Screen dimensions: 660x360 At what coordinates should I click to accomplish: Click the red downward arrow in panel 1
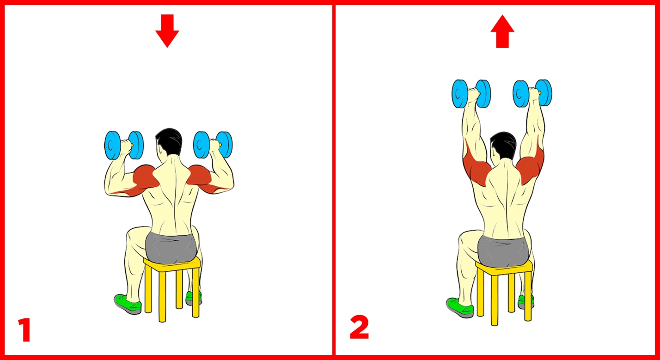coord(167,31)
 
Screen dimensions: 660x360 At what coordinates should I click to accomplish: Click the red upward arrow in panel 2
coord(502,31)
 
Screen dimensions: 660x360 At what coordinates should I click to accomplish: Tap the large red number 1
coord(24,329)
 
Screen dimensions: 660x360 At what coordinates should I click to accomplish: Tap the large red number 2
coord(359,327)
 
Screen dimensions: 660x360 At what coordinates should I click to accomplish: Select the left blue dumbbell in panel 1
coord(124,145)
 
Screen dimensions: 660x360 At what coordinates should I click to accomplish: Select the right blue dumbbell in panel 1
coord(213,145)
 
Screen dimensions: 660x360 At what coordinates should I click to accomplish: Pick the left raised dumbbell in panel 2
coord(471,94)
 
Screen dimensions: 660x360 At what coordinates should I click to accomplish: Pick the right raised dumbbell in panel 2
coord(532,93)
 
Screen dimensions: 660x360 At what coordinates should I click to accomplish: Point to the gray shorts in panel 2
coord(504,251)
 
